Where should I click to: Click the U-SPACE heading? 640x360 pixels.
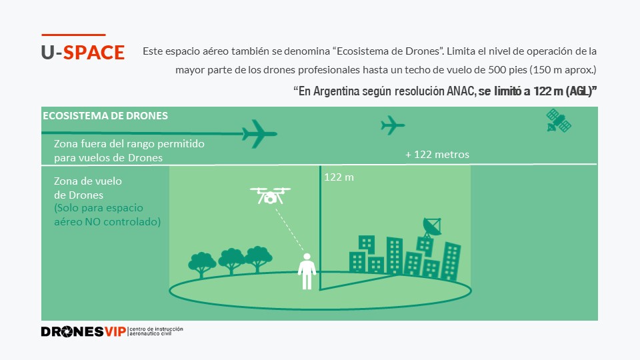83,53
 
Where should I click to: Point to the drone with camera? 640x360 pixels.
270,195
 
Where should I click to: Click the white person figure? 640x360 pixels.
307,271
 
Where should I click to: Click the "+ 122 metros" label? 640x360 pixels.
437,155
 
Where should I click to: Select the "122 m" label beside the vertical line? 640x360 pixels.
339,177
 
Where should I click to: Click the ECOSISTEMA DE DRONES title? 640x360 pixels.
105,115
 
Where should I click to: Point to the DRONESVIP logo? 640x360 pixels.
83,331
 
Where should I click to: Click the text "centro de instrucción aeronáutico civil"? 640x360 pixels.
156,331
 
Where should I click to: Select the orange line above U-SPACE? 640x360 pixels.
73,34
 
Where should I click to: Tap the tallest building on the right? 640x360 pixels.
451,260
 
